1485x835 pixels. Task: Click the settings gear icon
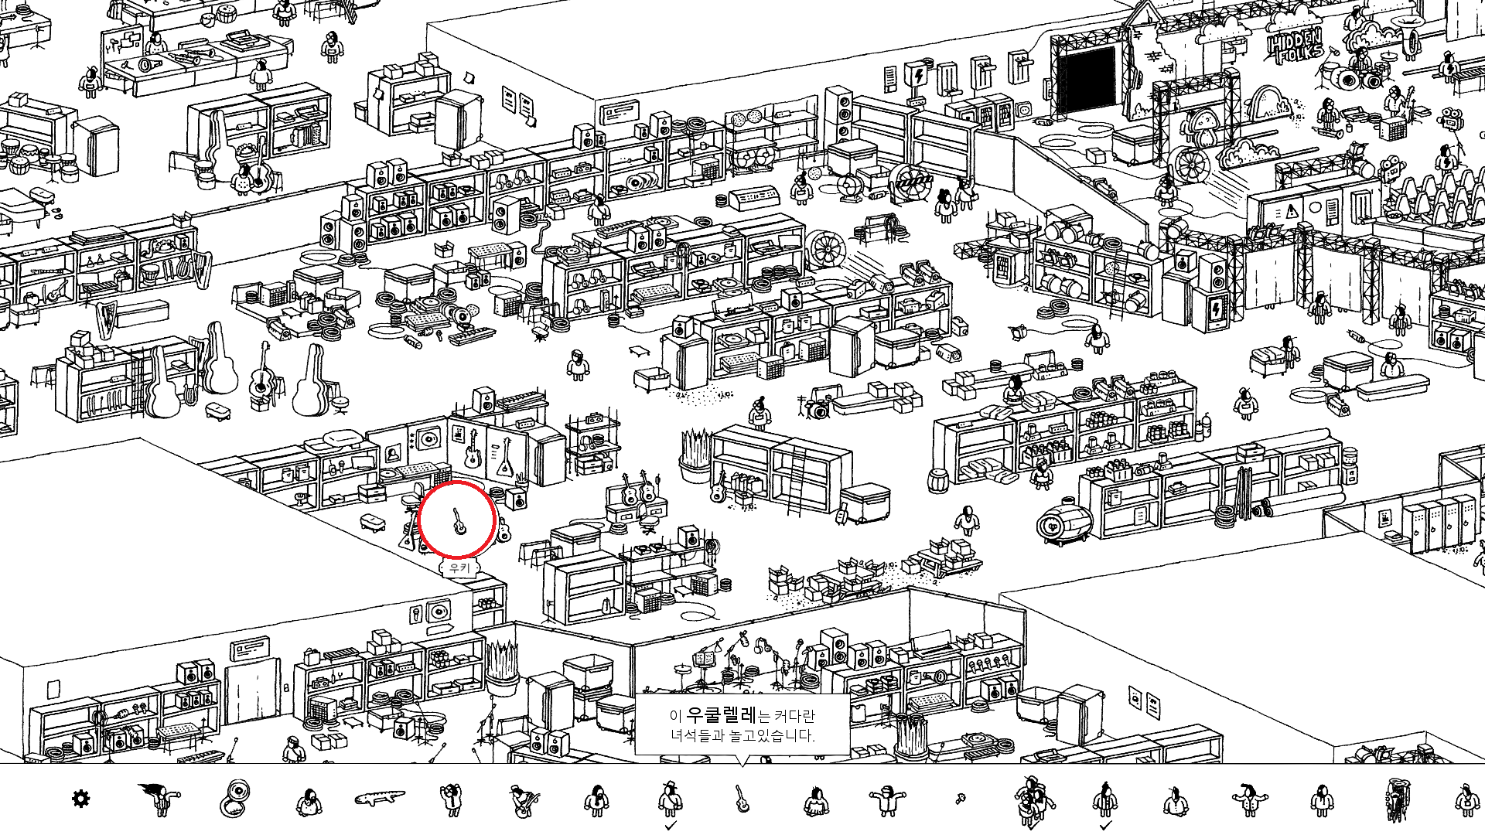point(80,799)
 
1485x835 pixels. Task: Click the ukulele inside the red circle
point(458,522)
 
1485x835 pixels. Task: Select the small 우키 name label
point(459,568)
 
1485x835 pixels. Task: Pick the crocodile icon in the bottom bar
point(379,797)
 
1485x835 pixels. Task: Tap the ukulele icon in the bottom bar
point(742,799)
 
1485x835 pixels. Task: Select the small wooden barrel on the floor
point(938,479)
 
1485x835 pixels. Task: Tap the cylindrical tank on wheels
point(1064,524)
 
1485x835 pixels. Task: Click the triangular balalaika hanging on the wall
point(506,457)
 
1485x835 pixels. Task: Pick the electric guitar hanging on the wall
point(472,451)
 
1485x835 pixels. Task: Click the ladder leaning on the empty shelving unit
point(797,479)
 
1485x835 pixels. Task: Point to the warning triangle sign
point(1291,212)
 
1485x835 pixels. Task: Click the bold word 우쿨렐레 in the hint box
point(721,715)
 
